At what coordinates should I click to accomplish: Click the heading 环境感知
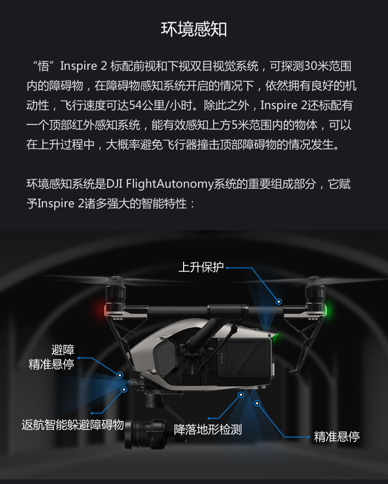pyautogui.click(x=194, y=29)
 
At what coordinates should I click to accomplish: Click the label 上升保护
pyautogui.click(x=201, y=267)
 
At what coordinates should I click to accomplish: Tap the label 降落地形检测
pyautogui.click(x=208, y=429)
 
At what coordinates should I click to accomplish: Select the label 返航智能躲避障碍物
pyautogui.click(x=73, y=425)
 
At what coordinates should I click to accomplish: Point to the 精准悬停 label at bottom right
pyautogui.click(x=337, y=436)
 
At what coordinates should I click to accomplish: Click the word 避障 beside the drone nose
pyautogui.click(x=63, y=350)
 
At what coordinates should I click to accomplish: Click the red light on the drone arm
pyautogui.click(x=101, y=309)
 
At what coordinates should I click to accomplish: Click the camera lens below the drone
pyautogui.click(x=139, y=434)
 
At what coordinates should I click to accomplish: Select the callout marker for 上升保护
pyautogui.click(x=279, y=301)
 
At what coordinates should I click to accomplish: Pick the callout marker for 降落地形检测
pyautogui.click(x=241, y=395)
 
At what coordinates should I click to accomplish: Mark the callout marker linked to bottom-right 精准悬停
pyautogui.click(x=257, y=403)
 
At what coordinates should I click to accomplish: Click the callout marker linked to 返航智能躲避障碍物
pyautogui.click(x=124, y=389)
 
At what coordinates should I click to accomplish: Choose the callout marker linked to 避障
pyautogui.click(x=120, y=375)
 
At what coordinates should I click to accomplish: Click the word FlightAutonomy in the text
pyautogui.click(x=170, y=184)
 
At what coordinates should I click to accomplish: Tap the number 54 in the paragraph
pyautogui.click(x=136, y=105)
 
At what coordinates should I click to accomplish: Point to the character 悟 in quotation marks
pyautogui.click(x=43, y=66)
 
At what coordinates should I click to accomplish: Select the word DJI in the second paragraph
pyautogui.click(x=114, y=184)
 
